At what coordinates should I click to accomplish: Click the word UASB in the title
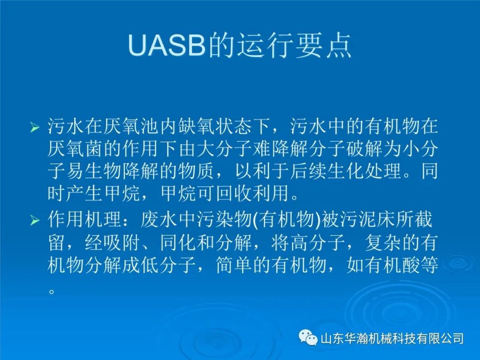coord(167,46)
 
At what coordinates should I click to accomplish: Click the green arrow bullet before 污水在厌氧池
coord(35,127)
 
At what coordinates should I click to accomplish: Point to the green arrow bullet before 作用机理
coord(35,220)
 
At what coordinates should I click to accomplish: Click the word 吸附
coord(121,243)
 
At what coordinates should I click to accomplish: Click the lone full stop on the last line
coord(52,291)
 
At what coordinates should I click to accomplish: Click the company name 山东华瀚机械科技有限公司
coord(392,339)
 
